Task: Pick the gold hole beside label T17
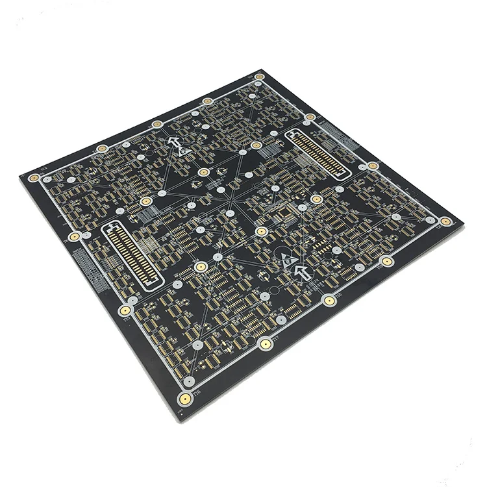265,343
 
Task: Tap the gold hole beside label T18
330,301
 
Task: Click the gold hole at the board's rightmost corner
445,221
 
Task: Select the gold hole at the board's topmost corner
259,77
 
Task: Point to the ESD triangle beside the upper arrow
184,151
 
